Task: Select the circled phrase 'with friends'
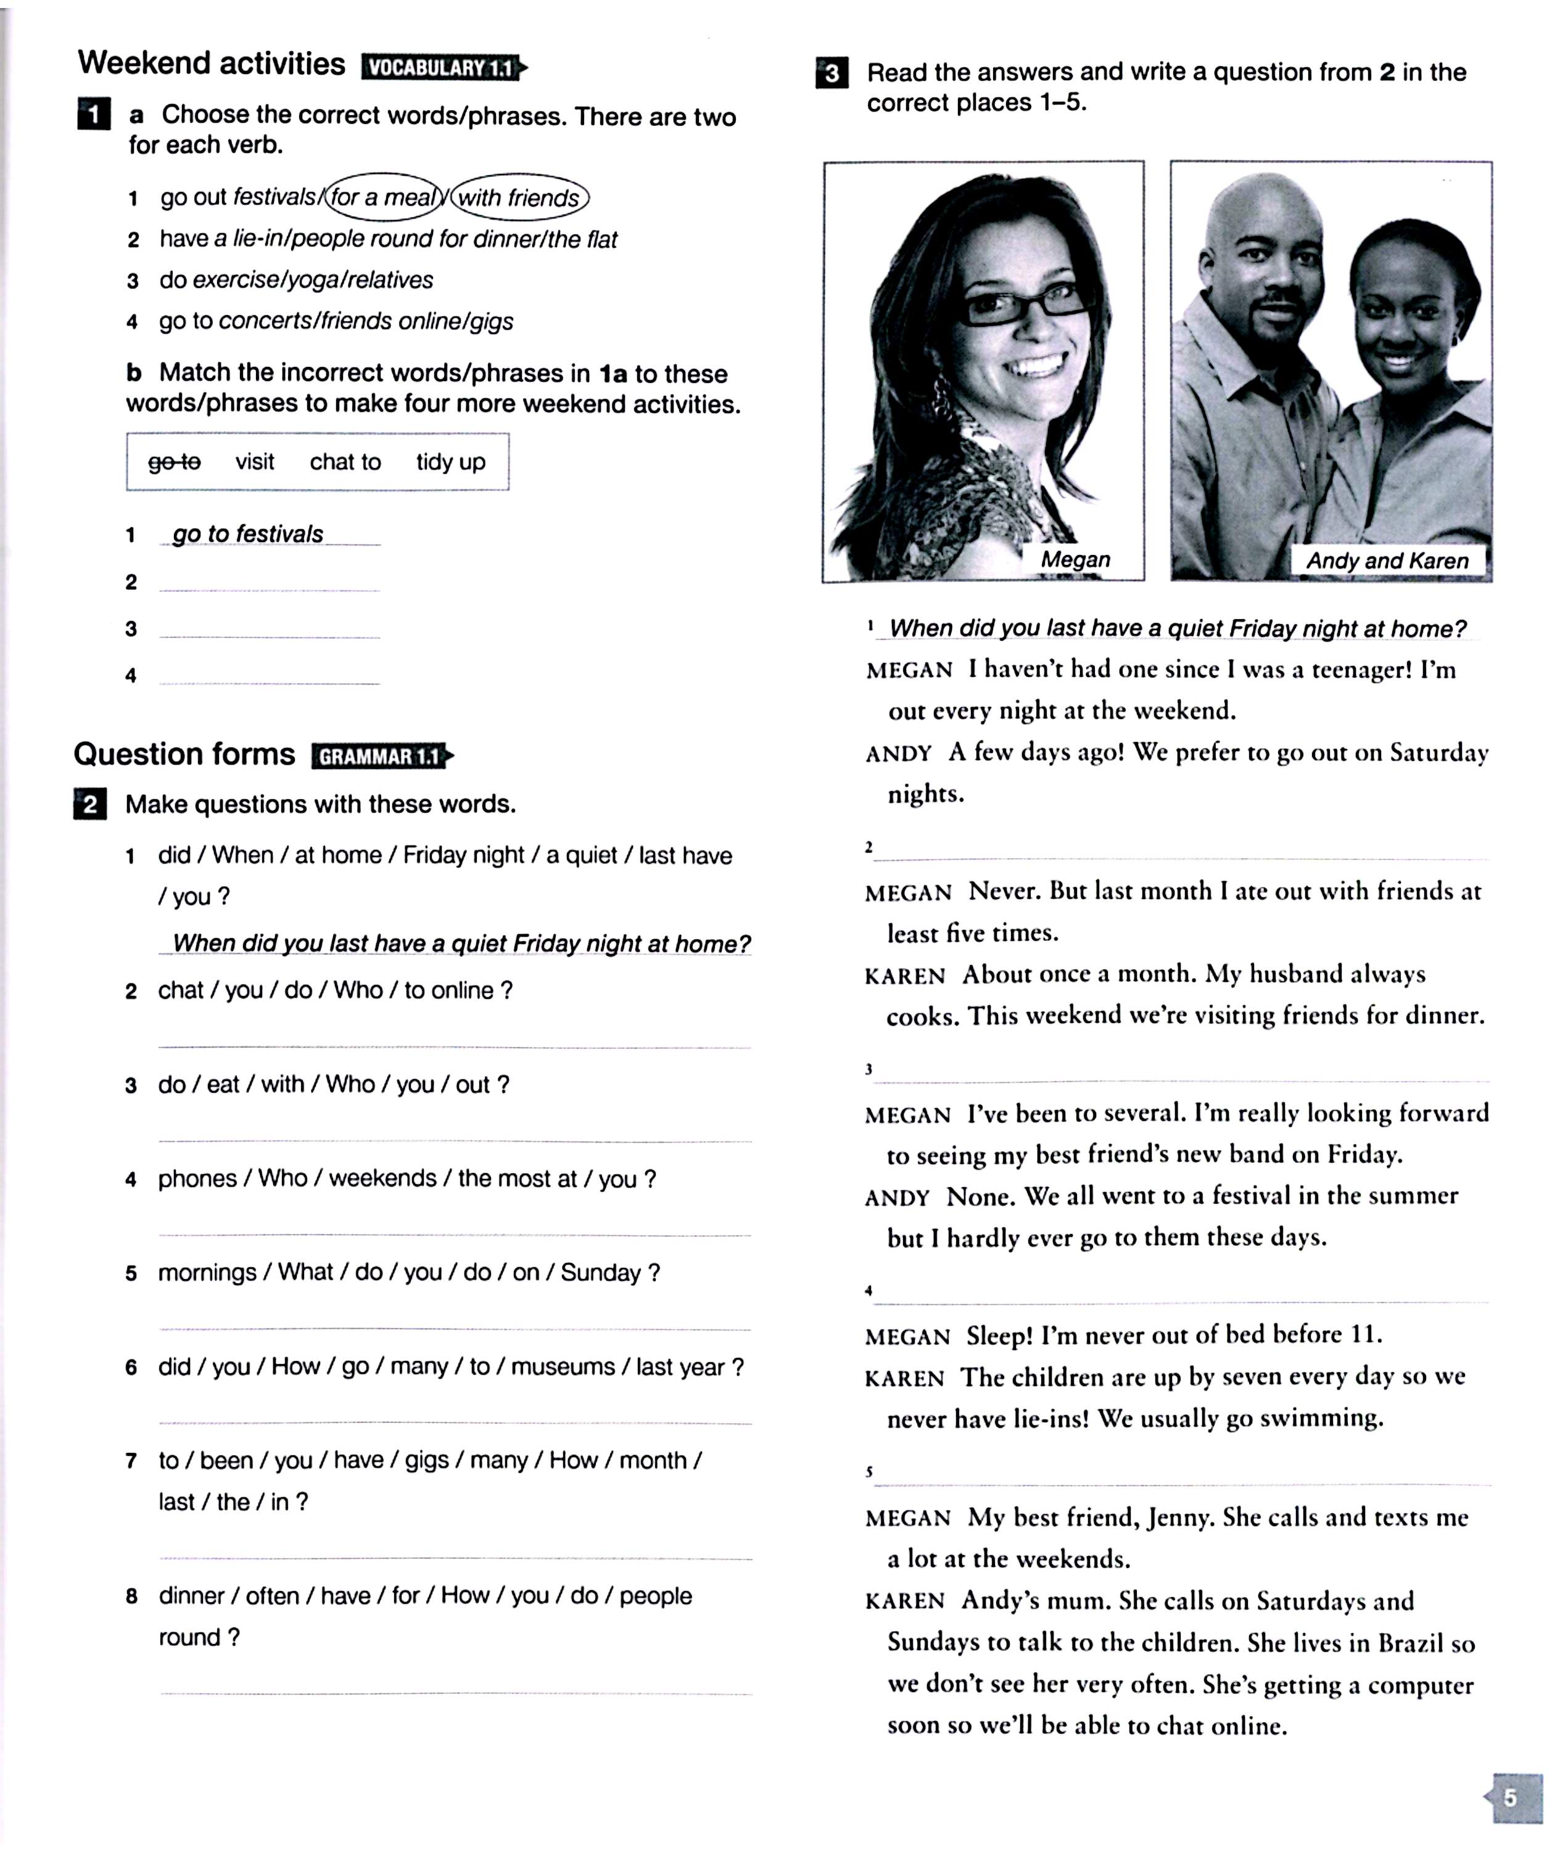(519, 198)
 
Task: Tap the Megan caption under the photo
(1075, 559)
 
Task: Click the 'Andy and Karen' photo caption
(1387, 561)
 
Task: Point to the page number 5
(1511, 1797)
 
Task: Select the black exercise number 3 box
(832, 73)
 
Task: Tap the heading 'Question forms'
(184, 754)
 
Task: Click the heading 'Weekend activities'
(212, 64)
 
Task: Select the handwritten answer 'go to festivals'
(247, 534)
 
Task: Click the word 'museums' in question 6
(563, 1367)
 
